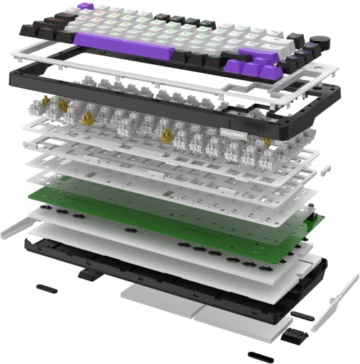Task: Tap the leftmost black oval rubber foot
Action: [x=45, y=287]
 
